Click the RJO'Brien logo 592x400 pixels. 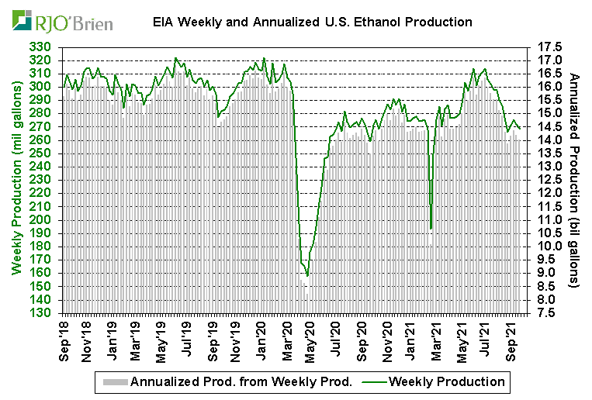click(x=63, y=21)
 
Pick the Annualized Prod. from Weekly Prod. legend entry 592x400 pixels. click(x=241, y=381)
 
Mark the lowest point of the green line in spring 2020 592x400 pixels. click(x=308, y=275)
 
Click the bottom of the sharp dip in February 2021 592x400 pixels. click(x=431, y=229)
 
